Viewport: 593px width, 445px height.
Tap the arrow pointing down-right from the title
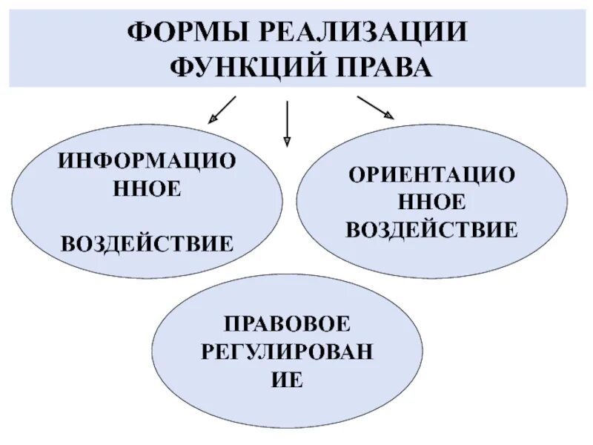375,108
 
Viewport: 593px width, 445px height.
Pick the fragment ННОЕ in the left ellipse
147,189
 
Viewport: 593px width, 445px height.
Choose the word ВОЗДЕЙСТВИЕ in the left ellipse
147,243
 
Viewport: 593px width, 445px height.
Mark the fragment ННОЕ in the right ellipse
431,202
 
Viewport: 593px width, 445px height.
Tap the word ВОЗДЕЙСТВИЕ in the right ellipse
431,229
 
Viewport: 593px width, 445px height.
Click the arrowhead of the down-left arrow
211,119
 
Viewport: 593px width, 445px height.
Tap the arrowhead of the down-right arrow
389,116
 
